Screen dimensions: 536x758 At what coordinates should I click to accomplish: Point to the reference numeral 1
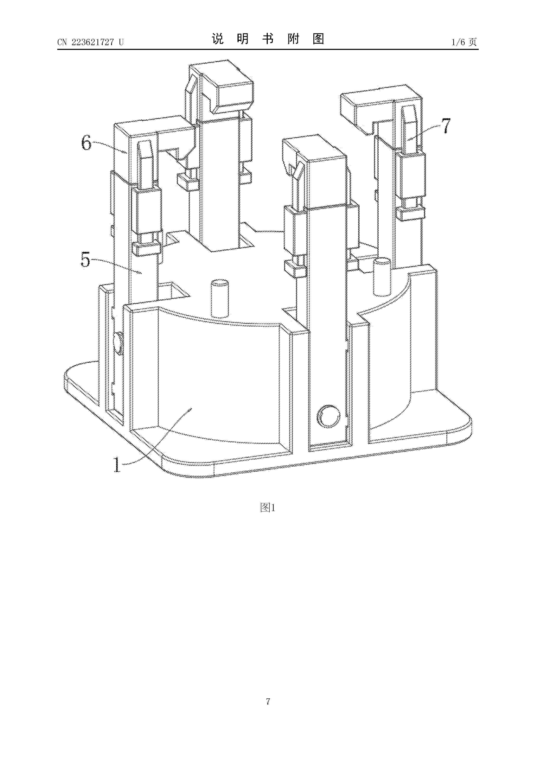click(117, 465)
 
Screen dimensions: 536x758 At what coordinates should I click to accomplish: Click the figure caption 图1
click(268, 508)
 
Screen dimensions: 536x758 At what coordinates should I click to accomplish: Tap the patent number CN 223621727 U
click(91, 42)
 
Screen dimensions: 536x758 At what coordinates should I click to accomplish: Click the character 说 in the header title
click(218, 39)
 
